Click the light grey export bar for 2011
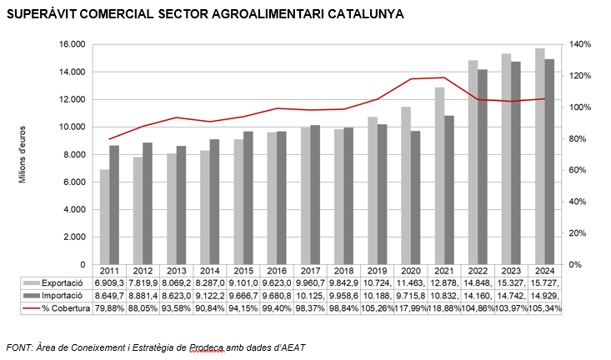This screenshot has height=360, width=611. point(104,217)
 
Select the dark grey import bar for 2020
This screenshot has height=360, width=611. point(415,197)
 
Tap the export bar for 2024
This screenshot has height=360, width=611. point(539,157)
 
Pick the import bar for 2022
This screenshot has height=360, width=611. point(483,167)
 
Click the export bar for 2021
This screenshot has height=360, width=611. point(439,176)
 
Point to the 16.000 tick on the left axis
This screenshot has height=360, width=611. point(72,44)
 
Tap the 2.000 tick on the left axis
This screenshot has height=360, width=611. point(74,237)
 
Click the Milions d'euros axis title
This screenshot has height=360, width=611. point(23,154)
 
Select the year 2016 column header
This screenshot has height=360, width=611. point(277,271)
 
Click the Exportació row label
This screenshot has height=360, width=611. point(62,283)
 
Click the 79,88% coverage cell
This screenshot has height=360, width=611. point(109,308)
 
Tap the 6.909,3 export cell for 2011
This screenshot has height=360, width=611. point(109,283)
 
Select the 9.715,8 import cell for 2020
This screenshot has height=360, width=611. point(411,296)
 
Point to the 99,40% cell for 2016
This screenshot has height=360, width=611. point(277,308)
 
